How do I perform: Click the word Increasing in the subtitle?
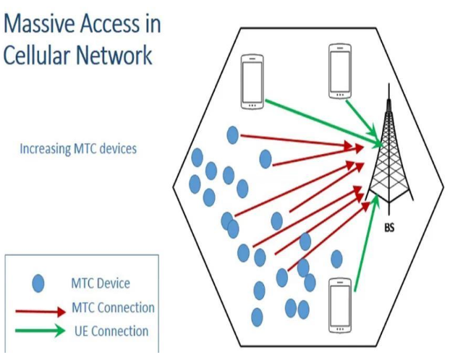click(x=44, y=150)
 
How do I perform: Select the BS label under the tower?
click(x=389, y=226)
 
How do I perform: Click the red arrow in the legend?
click(x=39, y=313)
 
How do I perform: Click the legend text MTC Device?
click(x=101, y=283)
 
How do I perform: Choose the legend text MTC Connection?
click(x=113, y=307)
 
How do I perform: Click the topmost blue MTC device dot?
click(x=233, y=134)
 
